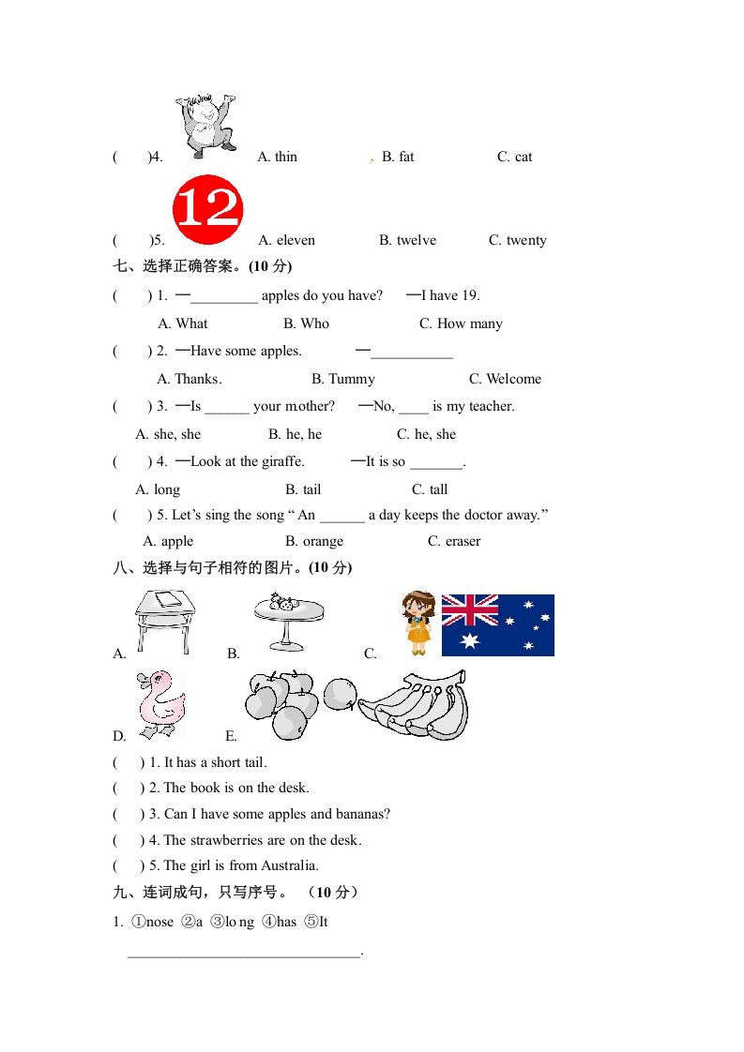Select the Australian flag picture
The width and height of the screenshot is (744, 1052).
pos(497,624)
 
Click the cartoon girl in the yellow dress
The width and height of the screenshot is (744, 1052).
pos(418,623)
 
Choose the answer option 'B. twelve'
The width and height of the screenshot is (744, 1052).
pos(407,240)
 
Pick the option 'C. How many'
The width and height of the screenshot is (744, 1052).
pos(461,323)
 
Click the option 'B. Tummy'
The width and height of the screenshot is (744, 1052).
pos(343,379)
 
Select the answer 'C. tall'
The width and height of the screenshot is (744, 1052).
pos(430,489)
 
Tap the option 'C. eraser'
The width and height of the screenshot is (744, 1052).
pos(454,541)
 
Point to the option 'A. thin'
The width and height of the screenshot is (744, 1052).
pos(277,157)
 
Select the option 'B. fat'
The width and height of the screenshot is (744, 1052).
pos(398,157)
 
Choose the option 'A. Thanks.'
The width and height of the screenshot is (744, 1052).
pos(190,379)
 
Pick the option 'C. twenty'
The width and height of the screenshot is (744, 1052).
pos(518,240)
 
